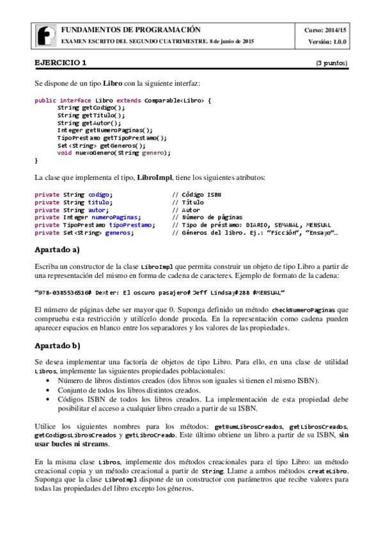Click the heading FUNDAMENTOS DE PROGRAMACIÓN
(x=130, y=29)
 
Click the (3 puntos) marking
(x=332, y=63)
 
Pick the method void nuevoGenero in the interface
(x=114, y=152)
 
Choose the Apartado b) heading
(x=57, y=346)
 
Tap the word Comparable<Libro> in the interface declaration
(x=174, y=101)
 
